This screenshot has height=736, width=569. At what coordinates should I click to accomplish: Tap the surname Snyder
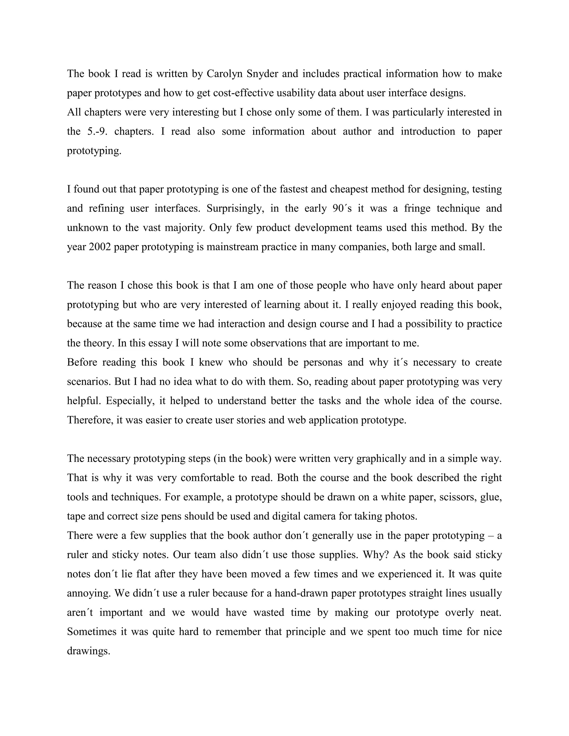point(262,74)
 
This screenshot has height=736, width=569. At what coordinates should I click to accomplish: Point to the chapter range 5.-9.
point(97,131)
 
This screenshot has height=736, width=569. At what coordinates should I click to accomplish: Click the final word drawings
point(88,651)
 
